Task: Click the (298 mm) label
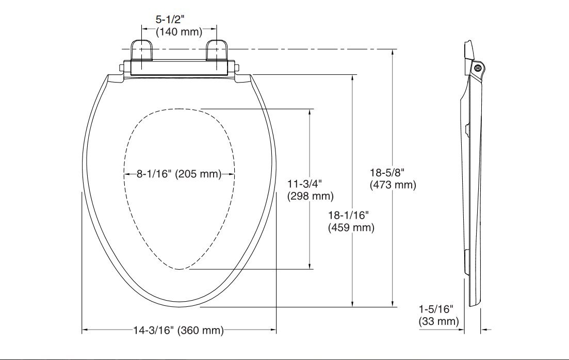310,196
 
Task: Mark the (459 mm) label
351,227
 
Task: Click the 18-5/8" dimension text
387,172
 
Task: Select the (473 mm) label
393,185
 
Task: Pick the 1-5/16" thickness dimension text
435,309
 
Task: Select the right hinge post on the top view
216,52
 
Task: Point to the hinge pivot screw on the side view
477,67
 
